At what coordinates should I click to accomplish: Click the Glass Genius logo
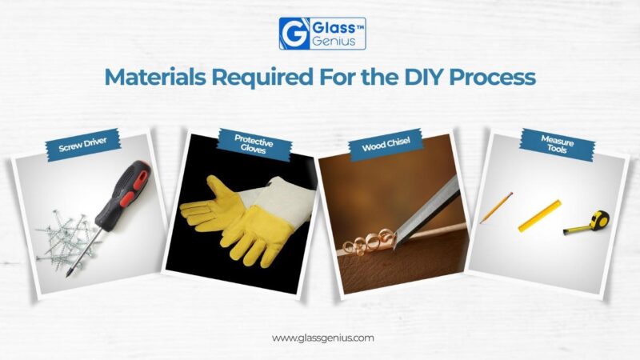(322, 34)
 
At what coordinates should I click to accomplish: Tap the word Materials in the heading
(155, 77)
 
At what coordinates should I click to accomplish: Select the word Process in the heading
(492, 77)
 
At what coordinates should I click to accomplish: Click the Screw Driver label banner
(83, 145)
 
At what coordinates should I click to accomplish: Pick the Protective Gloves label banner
(254, 145)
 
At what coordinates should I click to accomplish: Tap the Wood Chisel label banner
(386, 145)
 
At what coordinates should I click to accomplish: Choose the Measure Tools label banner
(557, 144)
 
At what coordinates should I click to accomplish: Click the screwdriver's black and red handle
(122, 192)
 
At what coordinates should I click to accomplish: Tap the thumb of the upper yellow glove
(213, 185)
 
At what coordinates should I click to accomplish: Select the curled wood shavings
(369, 242)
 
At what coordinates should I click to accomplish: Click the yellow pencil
(496, 208)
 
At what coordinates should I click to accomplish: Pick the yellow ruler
(539, 216)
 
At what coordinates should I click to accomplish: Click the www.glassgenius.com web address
(323, 338)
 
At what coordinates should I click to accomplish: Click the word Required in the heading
(262, 77)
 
